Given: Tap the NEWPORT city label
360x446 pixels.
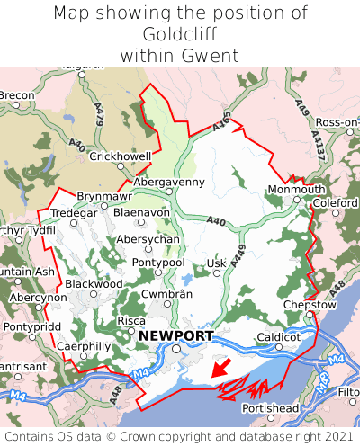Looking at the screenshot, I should click(176, 336).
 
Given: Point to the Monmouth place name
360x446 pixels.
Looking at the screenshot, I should click(296, 190).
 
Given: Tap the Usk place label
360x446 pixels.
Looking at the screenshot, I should click(216, 263).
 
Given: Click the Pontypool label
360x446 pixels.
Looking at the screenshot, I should click(157, 262).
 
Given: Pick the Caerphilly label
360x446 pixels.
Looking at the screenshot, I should click(83, 346).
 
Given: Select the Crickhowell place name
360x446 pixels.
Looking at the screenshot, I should click(121, 156).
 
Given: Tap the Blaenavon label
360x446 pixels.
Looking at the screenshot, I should click(141, 212).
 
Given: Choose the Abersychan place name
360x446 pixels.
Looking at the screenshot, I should click(148, 240).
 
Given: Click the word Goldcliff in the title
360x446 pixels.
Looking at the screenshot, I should click(180, 35).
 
